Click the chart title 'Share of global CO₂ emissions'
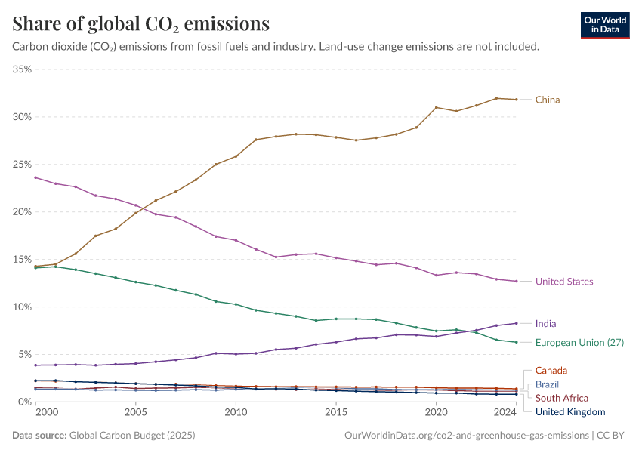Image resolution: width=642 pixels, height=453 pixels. pyautogui.click(x=141, y=24)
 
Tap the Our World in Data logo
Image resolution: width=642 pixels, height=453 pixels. pyautogui.click(x=604, y=25)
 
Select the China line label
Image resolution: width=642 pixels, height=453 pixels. pyautogui.click(x=548, y=100)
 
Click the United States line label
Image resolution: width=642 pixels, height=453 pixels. pyautogui.click(x=564, y=282)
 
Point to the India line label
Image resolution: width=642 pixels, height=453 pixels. pyautogui.click(x=545, y=324)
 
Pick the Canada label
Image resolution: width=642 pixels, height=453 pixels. pyautogui.click(x=551, y=371)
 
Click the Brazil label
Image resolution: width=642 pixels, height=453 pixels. pyautogui.click(x=547, y=384)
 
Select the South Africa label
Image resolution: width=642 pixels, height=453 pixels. pyautogui.click(x=561, y=398)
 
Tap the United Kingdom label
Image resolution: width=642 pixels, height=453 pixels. pyautogui.click(x=570, y=412)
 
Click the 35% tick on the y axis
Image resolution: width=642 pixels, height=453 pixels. pyautogui.click(x=22, y=69)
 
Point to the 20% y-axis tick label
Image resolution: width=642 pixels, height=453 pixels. pyautogui.click(x=22, y=212)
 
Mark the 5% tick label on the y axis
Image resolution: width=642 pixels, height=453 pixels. pyautogui.click(x=24, y=355)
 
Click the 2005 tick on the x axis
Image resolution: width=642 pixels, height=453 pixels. pyautogui.click(x=135, y=413)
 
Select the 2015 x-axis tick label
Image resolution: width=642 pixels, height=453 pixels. pyautogui.click(x=336, y=413)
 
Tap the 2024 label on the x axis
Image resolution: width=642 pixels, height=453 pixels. pyautogui.click(x=505, y=413)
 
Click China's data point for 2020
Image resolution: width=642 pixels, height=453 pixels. pyautogui.click(x=437, y=107)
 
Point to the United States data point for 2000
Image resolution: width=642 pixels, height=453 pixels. pyautogui.click(x=35, y=177)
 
